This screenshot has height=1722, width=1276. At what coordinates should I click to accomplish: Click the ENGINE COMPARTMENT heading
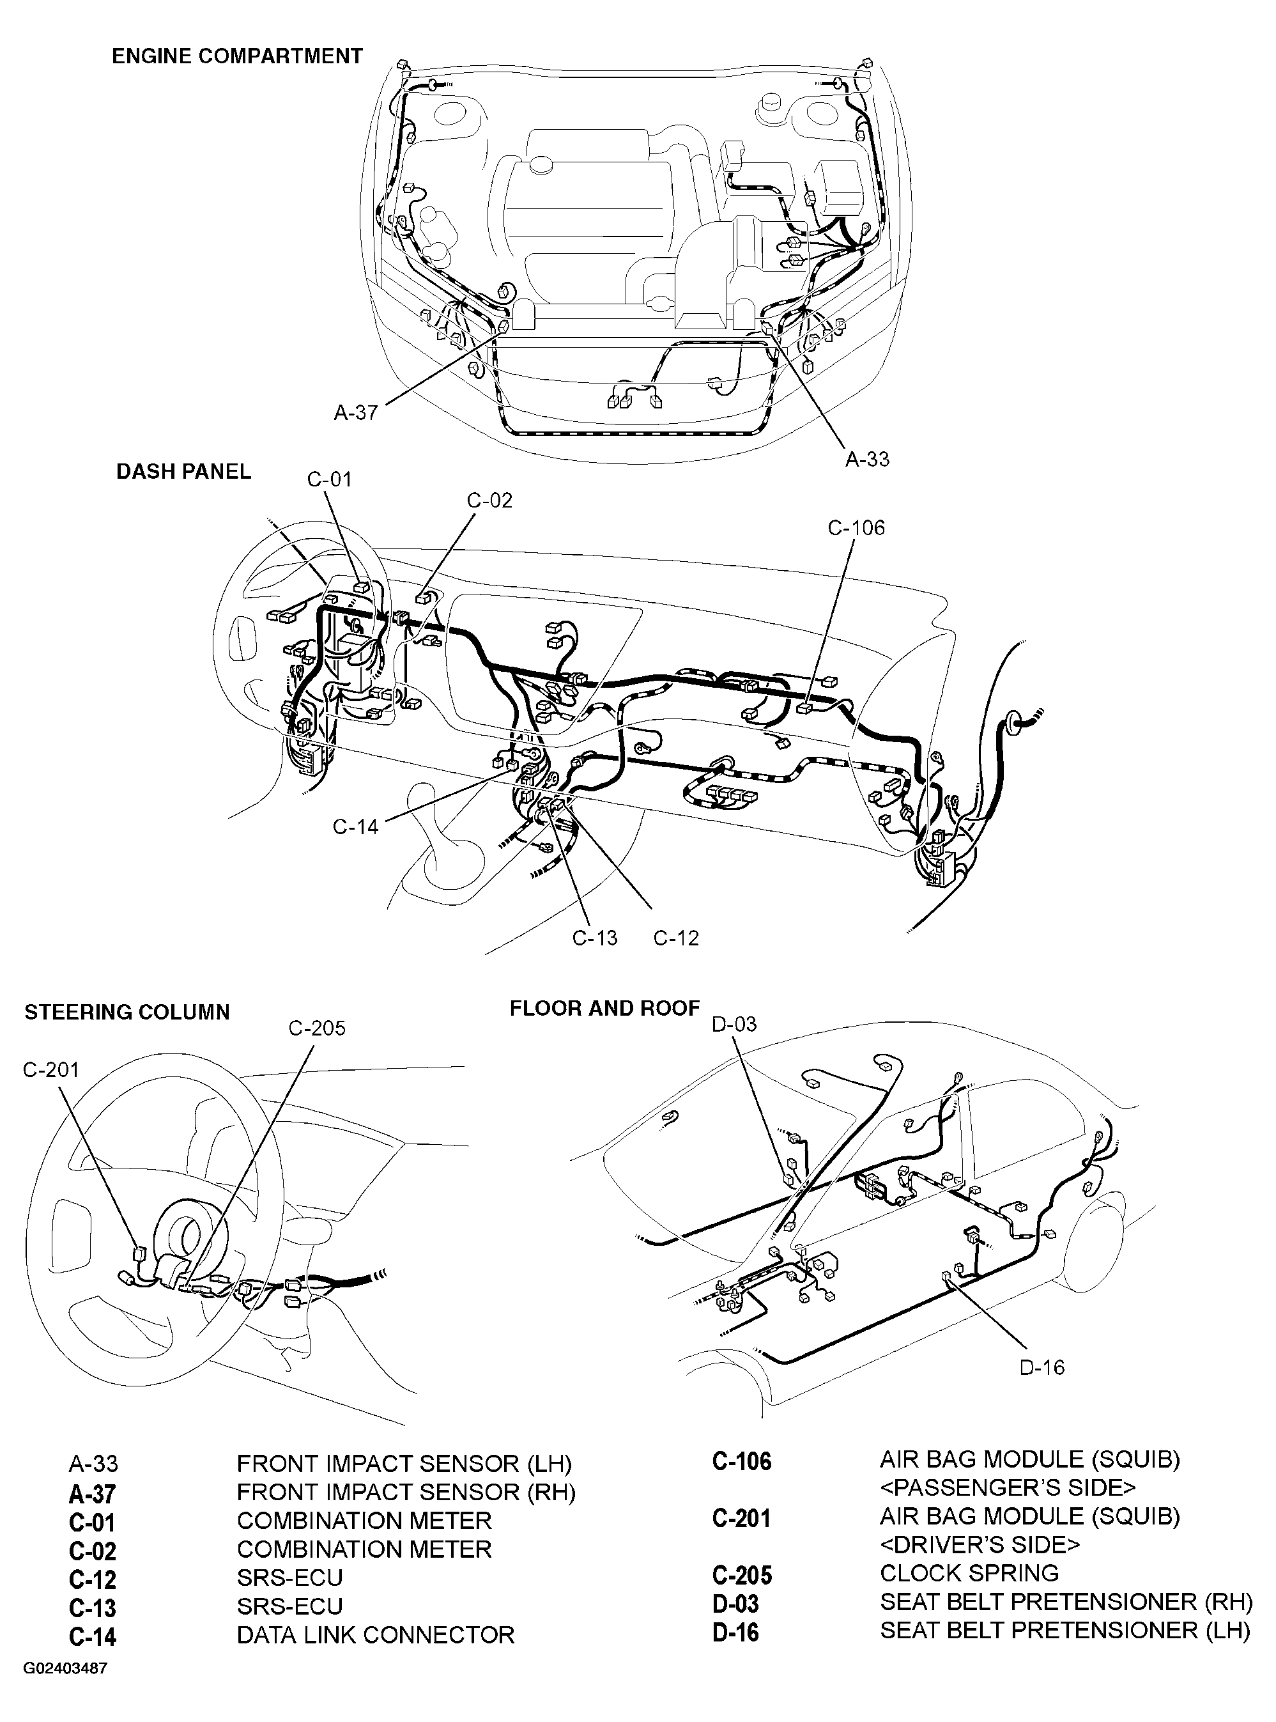[x=237, y=56]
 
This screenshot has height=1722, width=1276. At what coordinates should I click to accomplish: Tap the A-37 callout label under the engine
[x=355, y=412]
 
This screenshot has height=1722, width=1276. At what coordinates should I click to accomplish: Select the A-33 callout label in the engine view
[x=866, y=459]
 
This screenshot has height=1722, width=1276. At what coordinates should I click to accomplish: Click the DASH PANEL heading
[x=184, y=471]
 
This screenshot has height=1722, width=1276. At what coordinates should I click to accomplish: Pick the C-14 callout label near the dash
[x=355, y=826]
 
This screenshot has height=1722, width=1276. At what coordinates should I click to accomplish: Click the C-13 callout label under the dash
[x=595, y=938]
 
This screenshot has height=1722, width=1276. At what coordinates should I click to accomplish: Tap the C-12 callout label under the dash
[x=676, y=938]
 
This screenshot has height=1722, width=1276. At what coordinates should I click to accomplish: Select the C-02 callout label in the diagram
[x=489, y=500]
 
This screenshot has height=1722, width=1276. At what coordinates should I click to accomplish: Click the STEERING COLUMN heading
[x=127, y=1012]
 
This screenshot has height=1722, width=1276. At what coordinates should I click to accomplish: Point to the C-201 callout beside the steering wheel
[x=51, y=1069]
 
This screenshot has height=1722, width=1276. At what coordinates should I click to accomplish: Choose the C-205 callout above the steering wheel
[x=317, y=1028]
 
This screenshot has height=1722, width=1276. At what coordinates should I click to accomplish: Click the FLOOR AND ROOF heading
[x=604, y=1008]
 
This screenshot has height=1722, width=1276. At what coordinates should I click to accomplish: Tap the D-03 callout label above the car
[x=734, y=1025]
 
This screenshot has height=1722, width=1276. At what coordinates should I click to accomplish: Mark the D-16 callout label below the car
[x=1042, y=1367]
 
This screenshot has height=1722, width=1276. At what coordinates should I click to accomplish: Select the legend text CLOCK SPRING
[x=969, y=1573]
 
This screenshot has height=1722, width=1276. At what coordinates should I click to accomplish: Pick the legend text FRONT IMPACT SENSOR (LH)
[x=404, y=1464]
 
